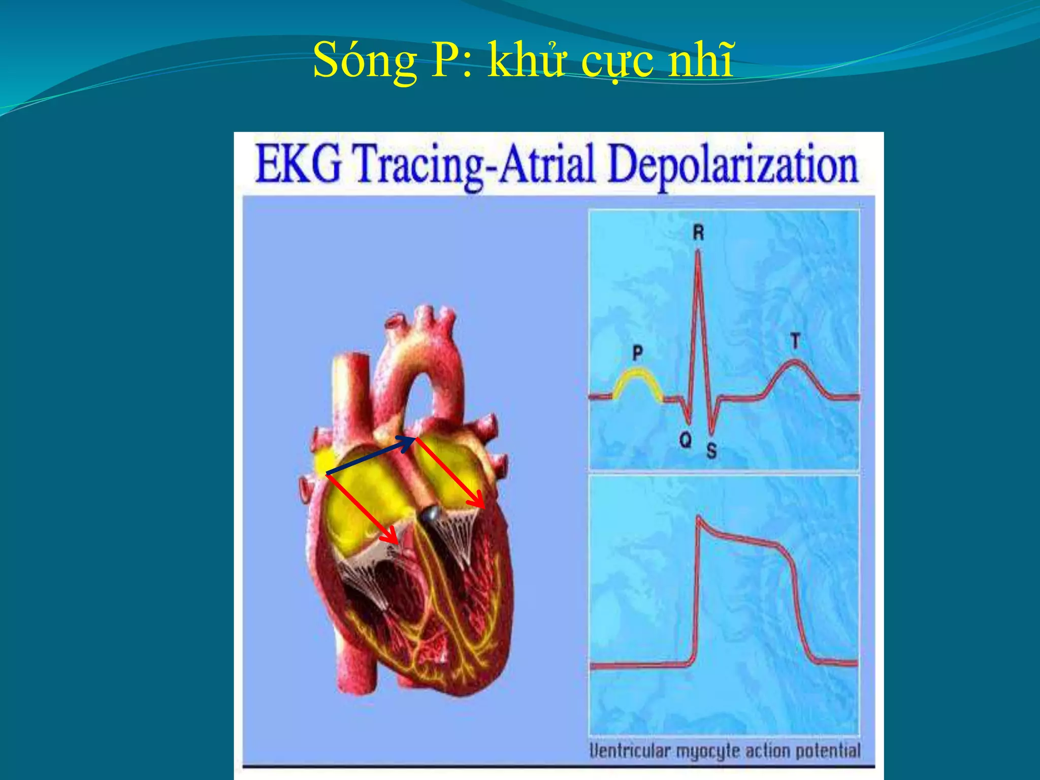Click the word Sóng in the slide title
click(365, 61)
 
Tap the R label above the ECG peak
click(698, 233)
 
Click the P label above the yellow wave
click(638, 352)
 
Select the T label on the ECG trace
click(795, 341)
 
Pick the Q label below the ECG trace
click(686, 440)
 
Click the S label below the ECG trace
click(711, 450)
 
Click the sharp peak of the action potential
click(699, 518)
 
